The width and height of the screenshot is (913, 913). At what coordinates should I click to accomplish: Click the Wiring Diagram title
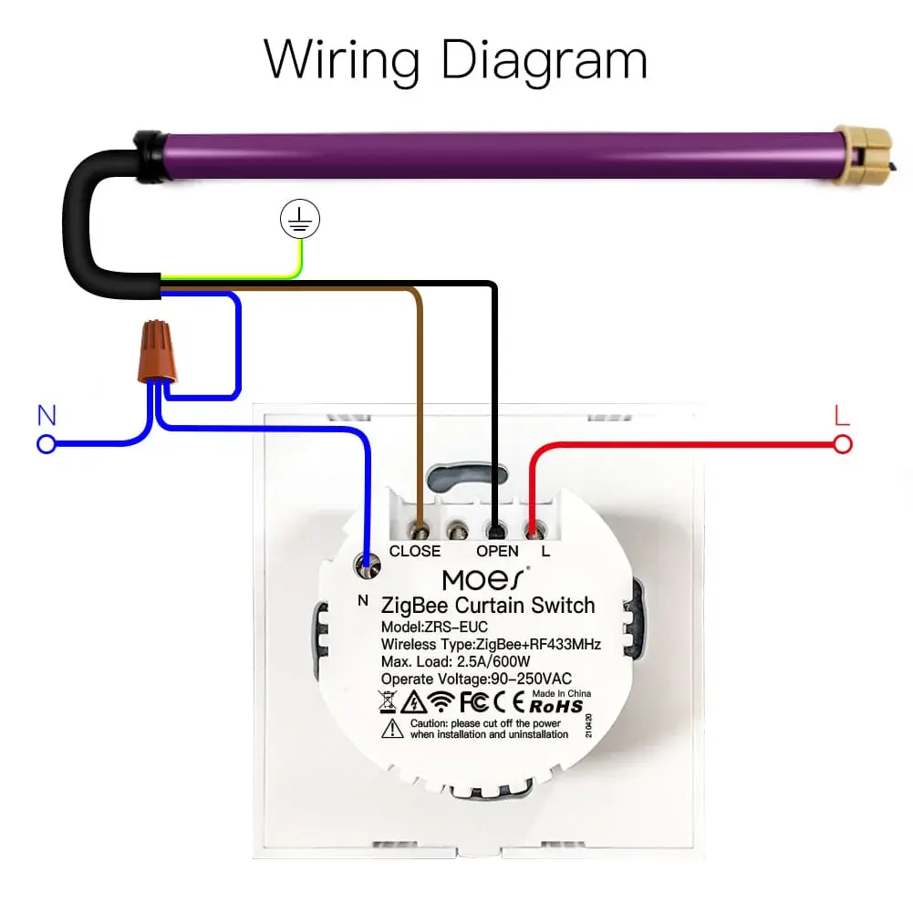coord(456,59)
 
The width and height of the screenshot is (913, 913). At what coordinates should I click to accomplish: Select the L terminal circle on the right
coord(843,444)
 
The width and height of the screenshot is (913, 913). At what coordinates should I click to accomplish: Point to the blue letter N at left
coord(47,416)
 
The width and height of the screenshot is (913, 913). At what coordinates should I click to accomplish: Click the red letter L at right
coord(842,416)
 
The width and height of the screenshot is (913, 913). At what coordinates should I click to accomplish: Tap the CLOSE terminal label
coord(415,551)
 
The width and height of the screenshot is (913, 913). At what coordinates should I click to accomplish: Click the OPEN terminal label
coord(497,551)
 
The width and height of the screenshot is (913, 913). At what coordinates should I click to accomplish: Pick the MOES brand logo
coord(483,579)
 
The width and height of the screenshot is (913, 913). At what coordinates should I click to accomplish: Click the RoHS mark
coord(555,705)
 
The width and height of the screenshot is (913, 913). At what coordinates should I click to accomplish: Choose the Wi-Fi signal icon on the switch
coord(441,702)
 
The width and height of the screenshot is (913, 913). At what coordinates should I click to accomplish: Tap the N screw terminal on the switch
coord(368,569)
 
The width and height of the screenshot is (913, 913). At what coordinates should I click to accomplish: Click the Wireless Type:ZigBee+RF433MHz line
coord(491,645)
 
